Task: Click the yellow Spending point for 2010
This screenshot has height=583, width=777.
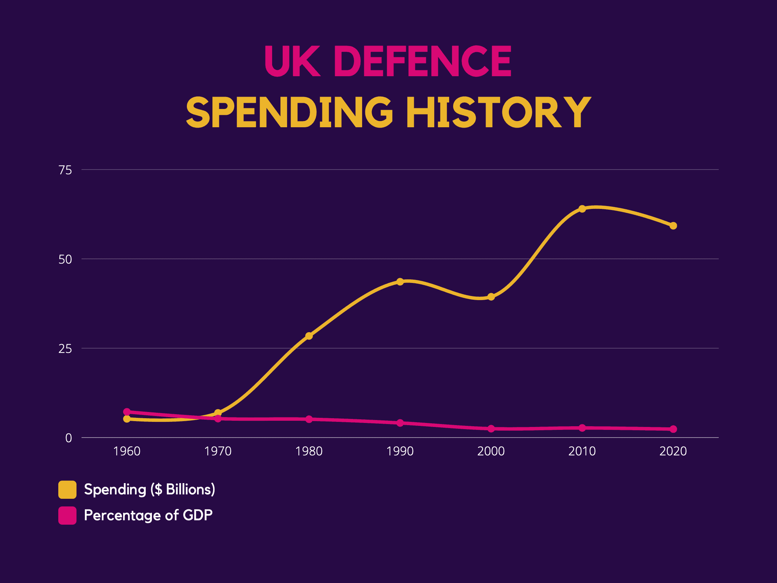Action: (582, 209)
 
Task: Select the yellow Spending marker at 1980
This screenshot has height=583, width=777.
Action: (309, 336)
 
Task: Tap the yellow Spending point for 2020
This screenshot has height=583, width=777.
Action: (673, 226)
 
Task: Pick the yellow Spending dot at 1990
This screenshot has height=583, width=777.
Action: (400, 281)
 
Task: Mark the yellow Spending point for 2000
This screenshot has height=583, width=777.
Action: (491, 297)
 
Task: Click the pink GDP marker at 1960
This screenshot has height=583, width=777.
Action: (127, 412)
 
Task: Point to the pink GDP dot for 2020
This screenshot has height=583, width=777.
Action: (673, 429)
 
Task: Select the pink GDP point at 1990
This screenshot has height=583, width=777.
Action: (400, 423)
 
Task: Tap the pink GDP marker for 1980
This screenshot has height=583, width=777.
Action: (309, 419)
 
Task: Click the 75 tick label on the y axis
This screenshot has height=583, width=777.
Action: (65, 170)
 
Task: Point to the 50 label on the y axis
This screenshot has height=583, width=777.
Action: (65, 260)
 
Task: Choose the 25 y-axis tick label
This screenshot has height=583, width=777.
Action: (65, 349)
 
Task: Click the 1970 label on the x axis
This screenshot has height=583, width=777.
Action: (218, 451)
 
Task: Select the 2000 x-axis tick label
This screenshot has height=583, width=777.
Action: (491, 451)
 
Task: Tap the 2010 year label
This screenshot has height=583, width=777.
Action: (582, 451)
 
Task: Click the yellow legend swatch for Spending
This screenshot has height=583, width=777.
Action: (67, 489)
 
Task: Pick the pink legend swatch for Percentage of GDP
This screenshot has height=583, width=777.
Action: (67, 516)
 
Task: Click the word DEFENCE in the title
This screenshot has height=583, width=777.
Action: (423, 61)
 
